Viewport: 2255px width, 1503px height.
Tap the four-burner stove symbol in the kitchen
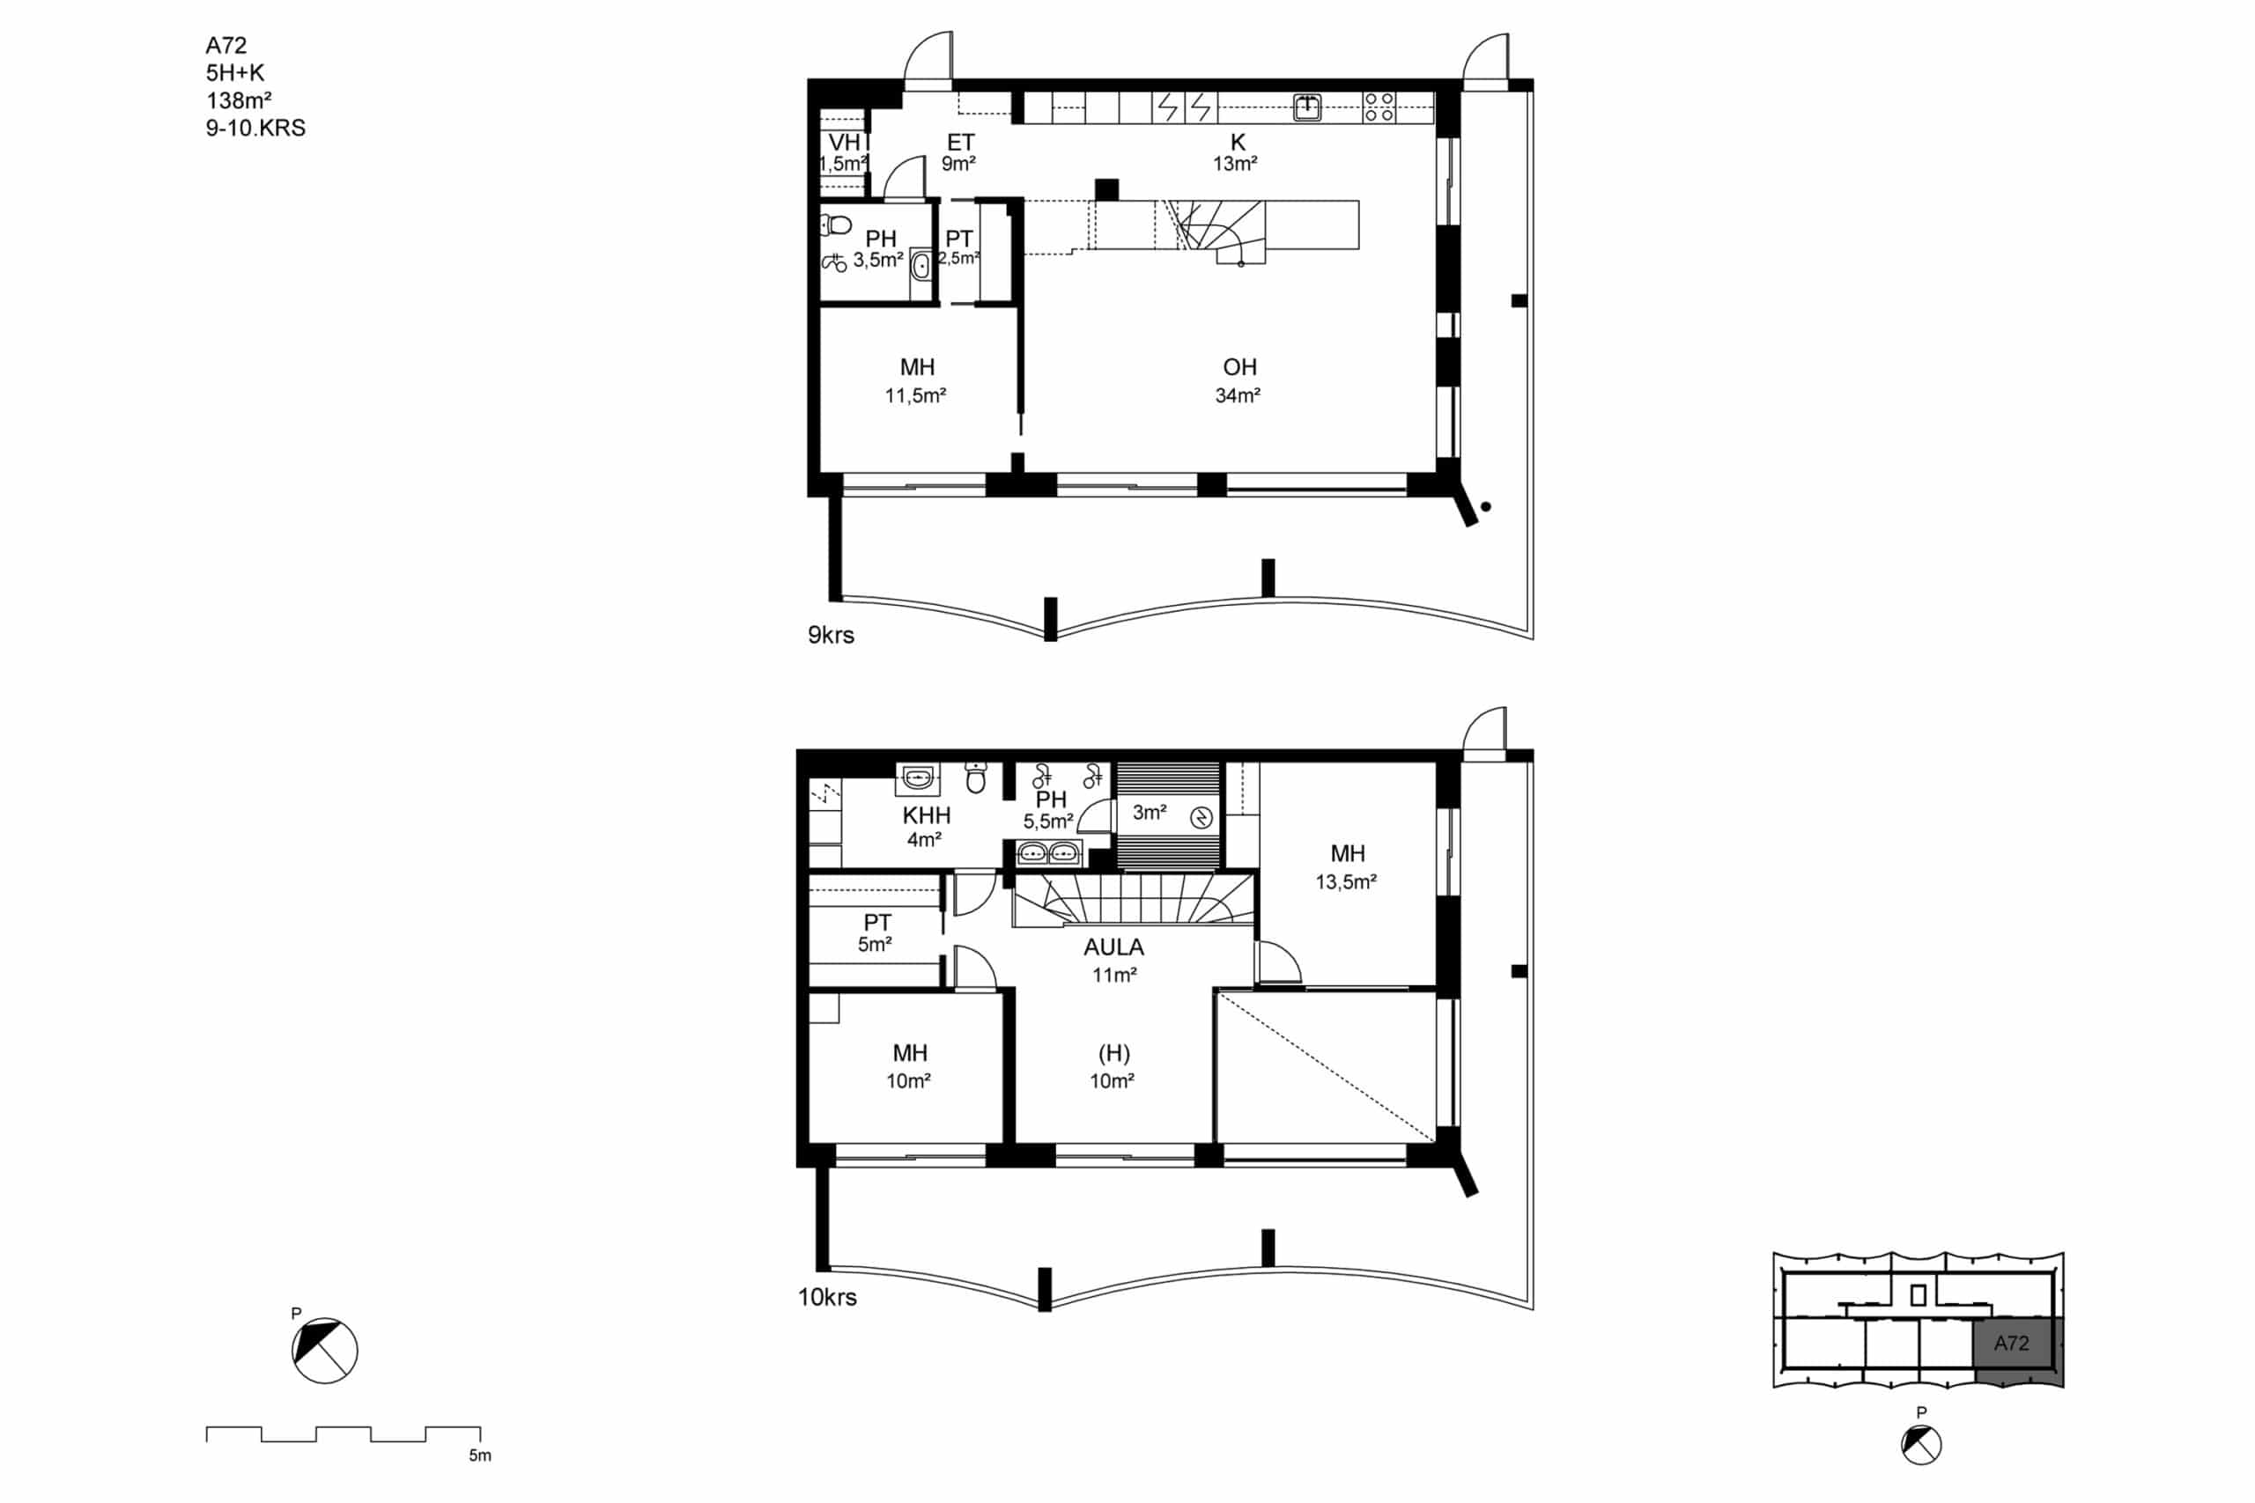(x=1379, y=107)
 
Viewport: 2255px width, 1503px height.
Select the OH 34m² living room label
(x=1238, y=380)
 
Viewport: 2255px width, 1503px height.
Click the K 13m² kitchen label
(x=1236, y=152)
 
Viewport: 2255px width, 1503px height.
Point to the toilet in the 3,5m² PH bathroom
(x=836, y=225)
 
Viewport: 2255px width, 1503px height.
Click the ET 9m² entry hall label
(x=960, y=152)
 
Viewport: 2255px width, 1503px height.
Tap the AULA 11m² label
(x=1113, y=961)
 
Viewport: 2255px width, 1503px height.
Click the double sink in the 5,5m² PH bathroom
(x=1049, y=852)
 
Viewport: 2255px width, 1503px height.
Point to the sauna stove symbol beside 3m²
(x=1201, y=818)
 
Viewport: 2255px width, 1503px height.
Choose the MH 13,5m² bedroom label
(x=1347, y=867)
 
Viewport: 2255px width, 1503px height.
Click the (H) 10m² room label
(x=1113, y=1067)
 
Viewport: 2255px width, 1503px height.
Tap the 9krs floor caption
(x=831, y=635)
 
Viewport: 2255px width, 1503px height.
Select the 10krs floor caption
(x=826, y=1297)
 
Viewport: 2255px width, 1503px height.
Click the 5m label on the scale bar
(x=480, y=1455)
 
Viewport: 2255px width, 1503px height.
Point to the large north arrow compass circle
(x=325, y=1351)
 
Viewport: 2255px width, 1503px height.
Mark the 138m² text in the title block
(x=239, y=99)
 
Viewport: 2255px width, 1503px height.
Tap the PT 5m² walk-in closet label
(x=876, y=932)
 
